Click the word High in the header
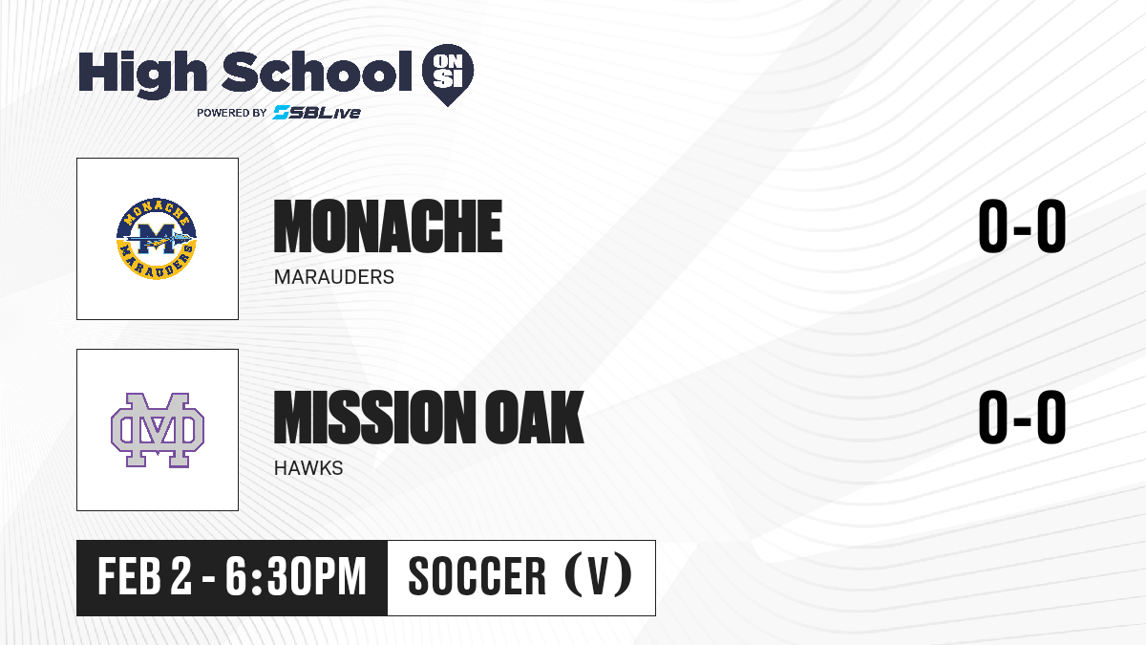pyautogui.click(x=142, y=74)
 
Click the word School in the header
pyautogui.click(x=317, y=71)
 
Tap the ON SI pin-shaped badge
pyautogui.click(x=448, y=75)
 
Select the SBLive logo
pyautogui.click(x=317, y=112)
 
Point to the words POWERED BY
pyautogui.click(x=232, y=113)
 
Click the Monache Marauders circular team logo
pyautogui.click(x=157, y=239)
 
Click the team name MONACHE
pyautogui.click(x=388, y=226)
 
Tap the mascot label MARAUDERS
pyautogui.click(x=334, y=277)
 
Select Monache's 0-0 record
pyautogui.click(x=1022, y=226)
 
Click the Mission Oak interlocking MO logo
pyautogui.click(x=158, y=430)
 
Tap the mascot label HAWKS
pyautogui.click(x=308, y=468)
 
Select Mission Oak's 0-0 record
pyautogui.click(x=1022, y=418)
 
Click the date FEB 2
pyautogui.click(x=145, y=577)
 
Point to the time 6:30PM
pyautogui.click(x=296, y=577)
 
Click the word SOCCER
pyautogui.click(x=477, y=577)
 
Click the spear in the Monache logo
pyautogui.click(x=160, y=239)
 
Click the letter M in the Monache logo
pyautogui.click(x=157, y=239)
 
